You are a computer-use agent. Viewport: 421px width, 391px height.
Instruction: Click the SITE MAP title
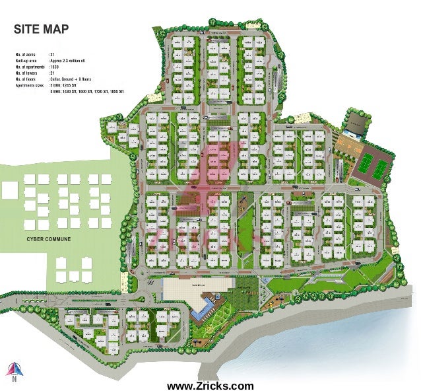(40, 30)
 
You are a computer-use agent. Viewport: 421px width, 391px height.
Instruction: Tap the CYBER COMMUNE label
(49, 238)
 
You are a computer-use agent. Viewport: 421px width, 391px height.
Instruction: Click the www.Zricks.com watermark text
(210, 385)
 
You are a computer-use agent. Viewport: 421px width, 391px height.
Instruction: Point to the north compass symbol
(11, 369)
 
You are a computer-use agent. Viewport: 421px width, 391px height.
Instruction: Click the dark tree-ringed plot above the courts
(356, 122)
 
